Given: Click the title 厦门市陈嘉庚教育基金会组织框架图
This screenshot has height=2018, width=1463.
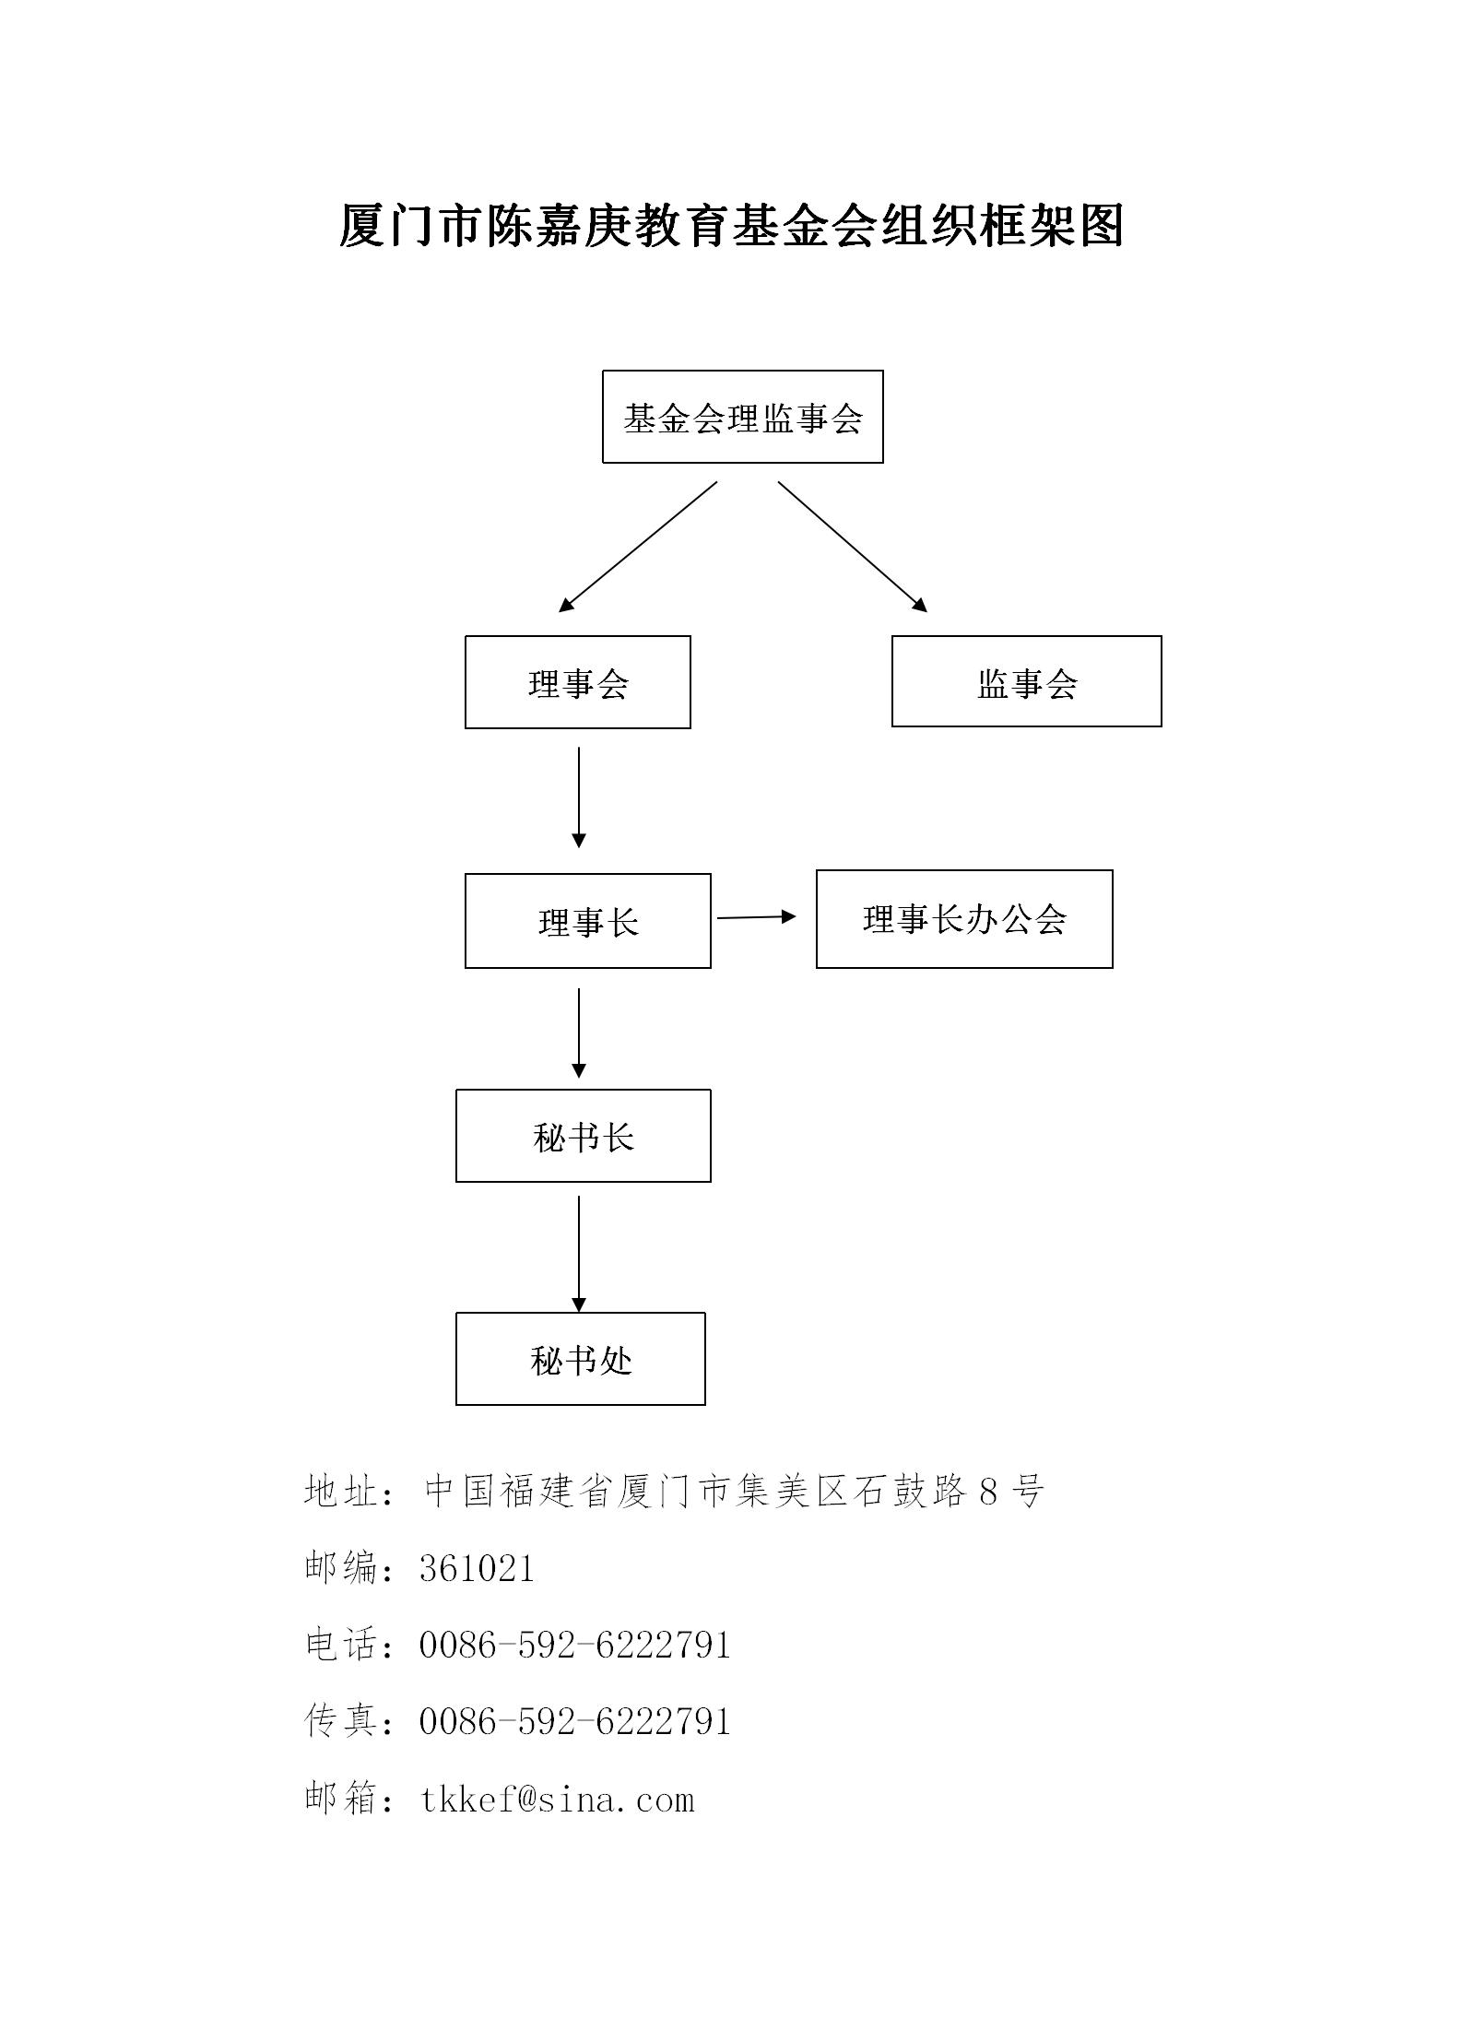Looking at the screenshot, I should (x=731, y=226).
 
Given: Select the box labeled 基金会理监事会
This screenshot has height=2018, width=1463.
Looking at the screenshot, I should (x=742, y=418).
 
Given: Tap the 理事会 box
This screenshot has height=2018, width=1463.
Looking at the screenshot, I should (x=577, y=683).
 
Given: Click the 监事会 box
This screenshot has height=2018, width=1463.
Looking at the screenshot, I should (x=1026, y=682).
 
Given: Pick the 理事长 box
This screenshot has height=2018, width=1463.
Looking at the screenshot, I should (x=587, y=921).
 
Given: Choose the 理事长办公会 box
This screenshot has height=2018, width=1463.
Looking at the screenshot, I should (x=964, y=919).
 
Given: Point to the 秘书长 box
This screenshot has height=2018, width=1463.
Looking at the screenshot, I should (x=583, y=1136).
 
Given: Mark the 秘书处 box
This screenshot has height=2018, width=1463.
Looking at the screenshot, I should (x=580, y=1359).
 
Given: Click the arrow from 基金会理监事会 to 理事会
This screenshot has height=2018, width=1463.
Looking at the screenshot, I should (x=638, y=547).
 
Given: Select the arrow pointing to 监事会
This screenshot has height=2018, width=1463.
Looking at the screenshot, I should (x=853, y=547).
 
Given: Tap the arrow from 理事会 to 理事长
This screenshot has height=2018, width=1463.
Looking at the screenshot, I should (x=579, y=797).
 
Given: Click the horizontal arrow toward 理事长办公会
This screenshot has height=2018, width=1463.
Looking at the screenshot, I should (x=756, y=917).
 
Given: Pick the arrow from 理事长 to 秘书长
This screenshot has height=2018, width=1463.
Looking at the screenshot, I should (x=579, y=1033).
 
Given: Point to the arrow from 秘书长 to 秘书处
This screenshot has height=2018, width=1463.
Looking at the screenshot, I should (x=579, y=1254).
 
